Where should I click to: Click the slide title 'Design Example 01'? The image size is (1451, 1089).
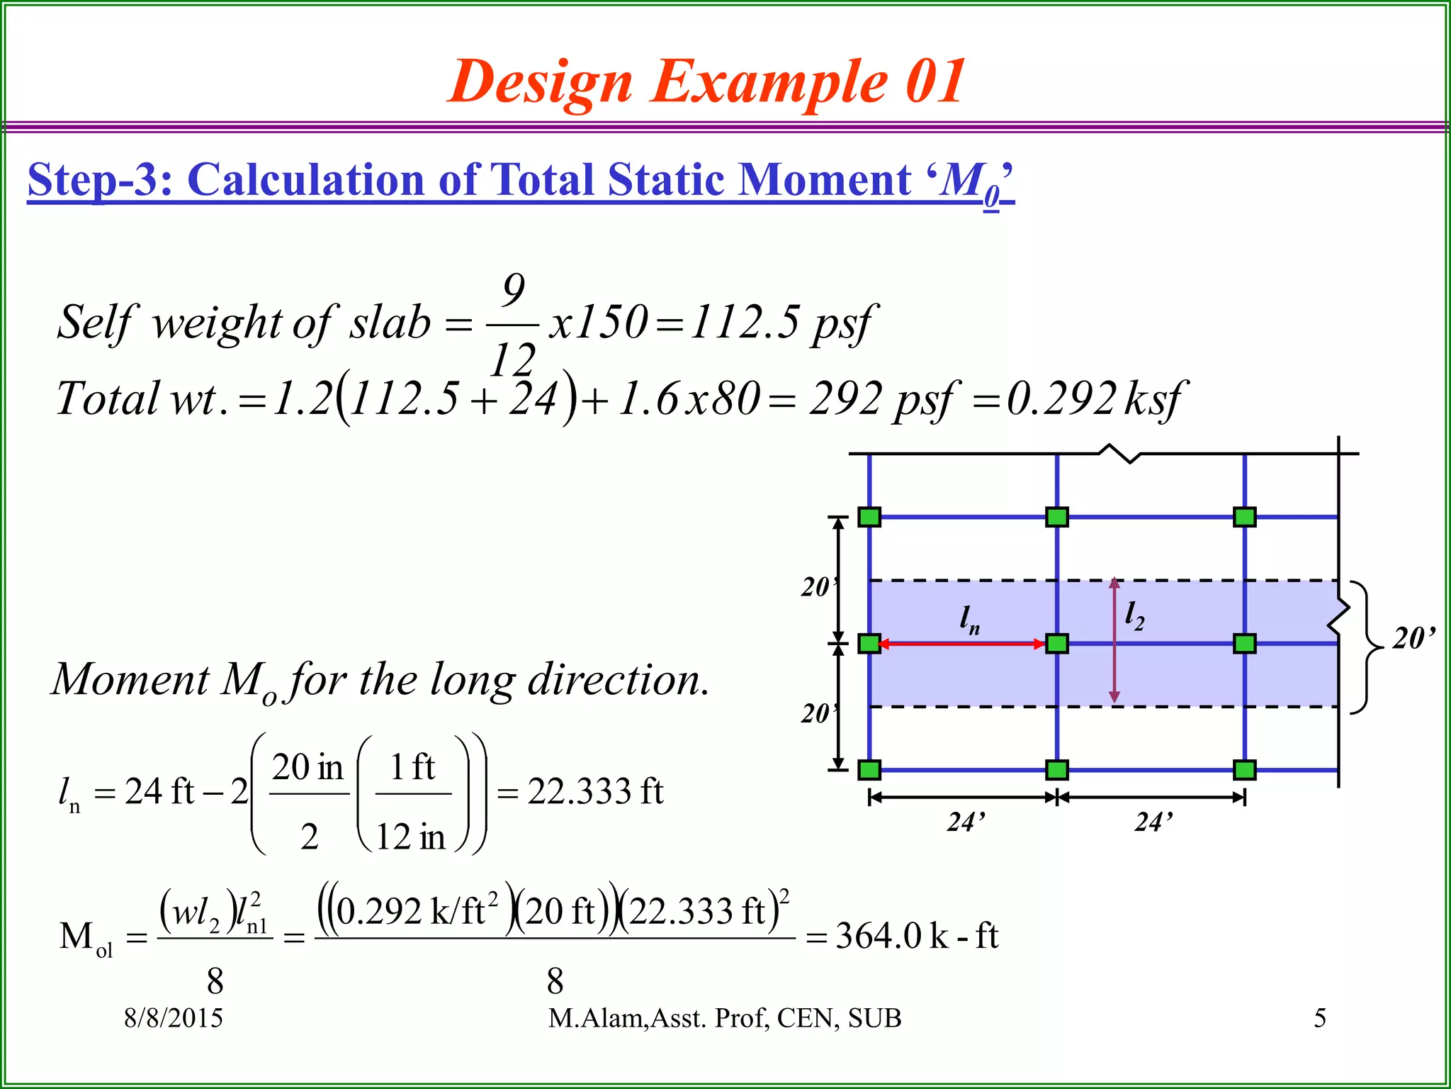[707, 82]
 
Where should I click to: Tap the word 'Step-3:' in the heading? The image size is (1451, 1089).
[100, 179]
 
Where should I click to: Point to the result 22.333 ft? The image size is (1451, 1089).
[595, 791]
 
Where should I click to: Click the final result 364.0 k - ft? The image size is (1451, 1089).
[917, 936]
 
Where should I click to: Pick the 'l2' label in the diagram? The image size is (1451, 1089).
[1134, 614]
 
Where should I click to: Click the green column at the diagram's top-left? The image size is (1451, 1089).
[869, 517]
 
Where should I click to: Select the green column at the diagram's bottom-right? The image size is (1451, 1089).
[1244, 770]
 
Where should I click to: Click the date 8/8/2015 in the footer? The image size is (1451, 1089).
[174, 1018]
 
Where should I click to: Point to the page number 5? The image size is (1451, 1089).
[1320, 1018]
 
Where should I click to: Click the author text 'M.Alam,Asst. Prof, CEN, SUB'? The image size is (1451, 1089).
[725, 1018]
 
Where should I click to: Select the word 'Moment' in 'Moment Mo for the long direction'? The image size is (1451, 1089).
[130, 679]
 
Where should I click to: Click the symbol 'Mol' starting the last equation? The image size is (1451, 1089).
[86, 937]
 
